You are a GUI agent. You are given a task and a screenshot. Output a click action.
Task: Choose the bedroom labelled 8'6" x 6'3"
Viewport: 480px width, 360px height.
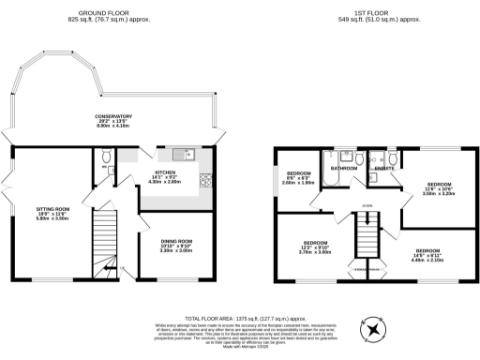tap(298, 177)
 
